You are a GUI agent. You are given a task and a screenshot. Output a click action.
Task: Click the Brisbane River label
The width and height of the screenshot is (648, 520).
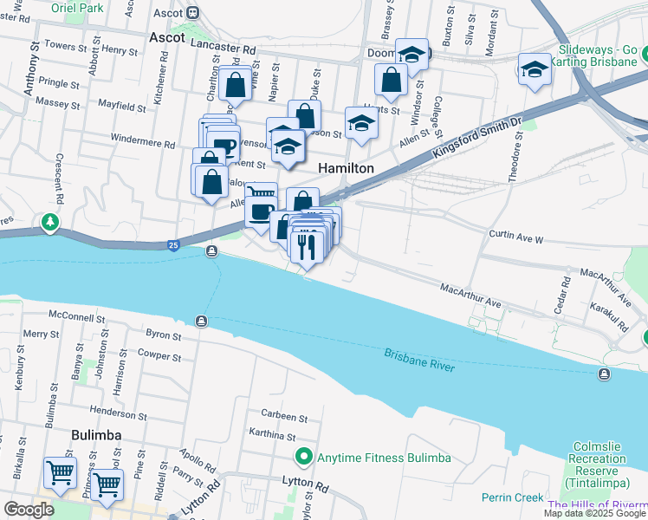coord(420,361)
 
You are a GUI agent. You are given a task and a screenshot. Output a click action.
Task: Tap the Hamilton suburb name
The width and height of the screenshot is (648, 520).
coord(347,168)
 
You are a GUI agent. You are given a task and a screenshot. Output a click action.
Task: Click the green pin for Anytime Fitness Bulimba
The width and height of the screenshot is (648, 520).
coord(303,457)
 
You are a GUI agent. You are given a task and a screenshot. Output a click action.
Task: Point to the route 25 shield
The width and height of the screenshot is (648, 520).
coord(173,246)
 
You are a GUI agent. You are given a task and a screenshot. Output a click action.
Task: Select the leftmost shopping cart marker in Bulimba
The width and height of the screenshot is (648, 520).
coord(61,472)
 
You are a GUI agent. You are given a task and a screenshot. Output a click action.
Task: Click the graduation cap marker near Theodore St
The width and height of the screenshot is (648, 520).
coord(535,69)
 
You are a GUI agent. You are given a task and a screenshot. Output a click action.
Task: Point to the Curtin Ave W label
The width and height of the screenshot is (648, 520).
coord(516,238)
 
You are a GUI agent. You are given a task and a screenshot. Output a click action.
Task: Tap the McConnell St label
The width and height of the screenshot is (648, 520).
coord(77,317)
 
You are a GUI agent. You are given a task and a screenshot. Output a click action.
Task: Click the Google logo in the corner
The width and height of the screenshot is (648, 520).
coord(28,510)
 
